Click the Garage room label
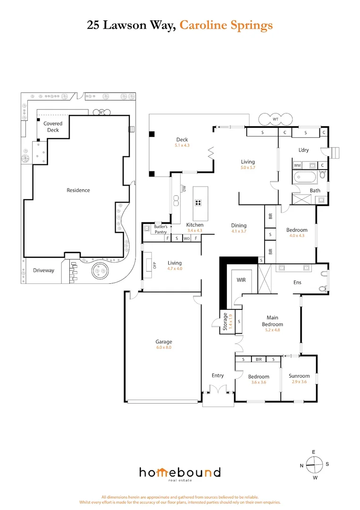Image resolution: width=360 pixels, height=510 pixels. tap(164, 341)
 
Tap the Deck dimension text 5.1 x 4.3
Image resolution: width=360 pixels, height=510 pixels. tap(182, 145)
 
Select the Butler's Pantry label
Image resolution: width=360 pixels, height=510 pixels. tap(160, 229)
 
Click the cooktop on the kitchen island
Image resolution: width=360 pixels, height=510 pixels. tap(199, 203)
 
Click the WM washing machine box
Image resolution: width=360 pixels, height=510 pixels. tap(297, 166)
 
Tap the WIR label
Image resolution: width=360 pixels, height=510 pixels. tap(242, 280)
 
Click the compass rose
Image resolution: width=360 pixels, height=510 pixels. tap(314, 465)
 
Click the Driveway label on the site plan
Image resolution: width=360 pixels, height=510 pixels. tap(43, 271)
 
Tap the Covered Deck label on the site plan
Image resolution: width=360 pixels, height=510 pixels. tap(53, 127)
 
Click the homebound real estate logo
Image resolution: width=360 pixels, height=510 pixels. tap(180, 473)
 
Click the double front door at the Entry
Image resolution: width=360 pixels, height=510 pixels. tap(218, 390)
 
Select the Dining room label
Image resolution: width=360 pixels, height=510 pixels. tap(239, 225)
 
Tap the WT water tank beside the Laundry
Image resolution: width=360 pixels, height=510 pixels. tap(276, 119)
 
